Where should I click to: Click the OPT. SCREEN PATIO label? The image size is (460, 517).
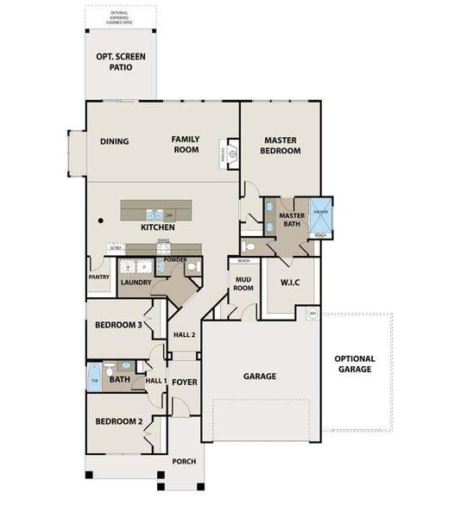point(120,61)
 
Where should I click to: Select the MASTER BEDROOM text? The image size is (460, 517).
point(282,145)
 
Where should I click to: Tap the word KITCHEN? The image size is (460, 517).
point(160,227)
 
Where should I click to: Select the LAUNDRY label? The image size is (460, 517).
point(136,282)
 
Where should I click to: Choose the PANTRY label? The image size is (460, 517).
point(98,277)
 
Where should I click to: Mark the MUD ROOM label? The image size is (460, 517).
point(243,283)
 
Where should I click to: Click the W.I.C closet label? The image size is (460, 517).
point(289,283)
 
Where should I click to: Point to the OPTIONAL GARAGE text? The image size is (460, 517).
point(355,364)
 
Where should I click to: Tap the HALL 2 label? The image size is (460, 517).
point(185,334)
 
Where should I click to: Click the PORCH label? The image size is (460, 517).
point(184,461)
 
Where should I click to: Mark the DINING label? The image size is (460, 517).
point(114,142)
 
